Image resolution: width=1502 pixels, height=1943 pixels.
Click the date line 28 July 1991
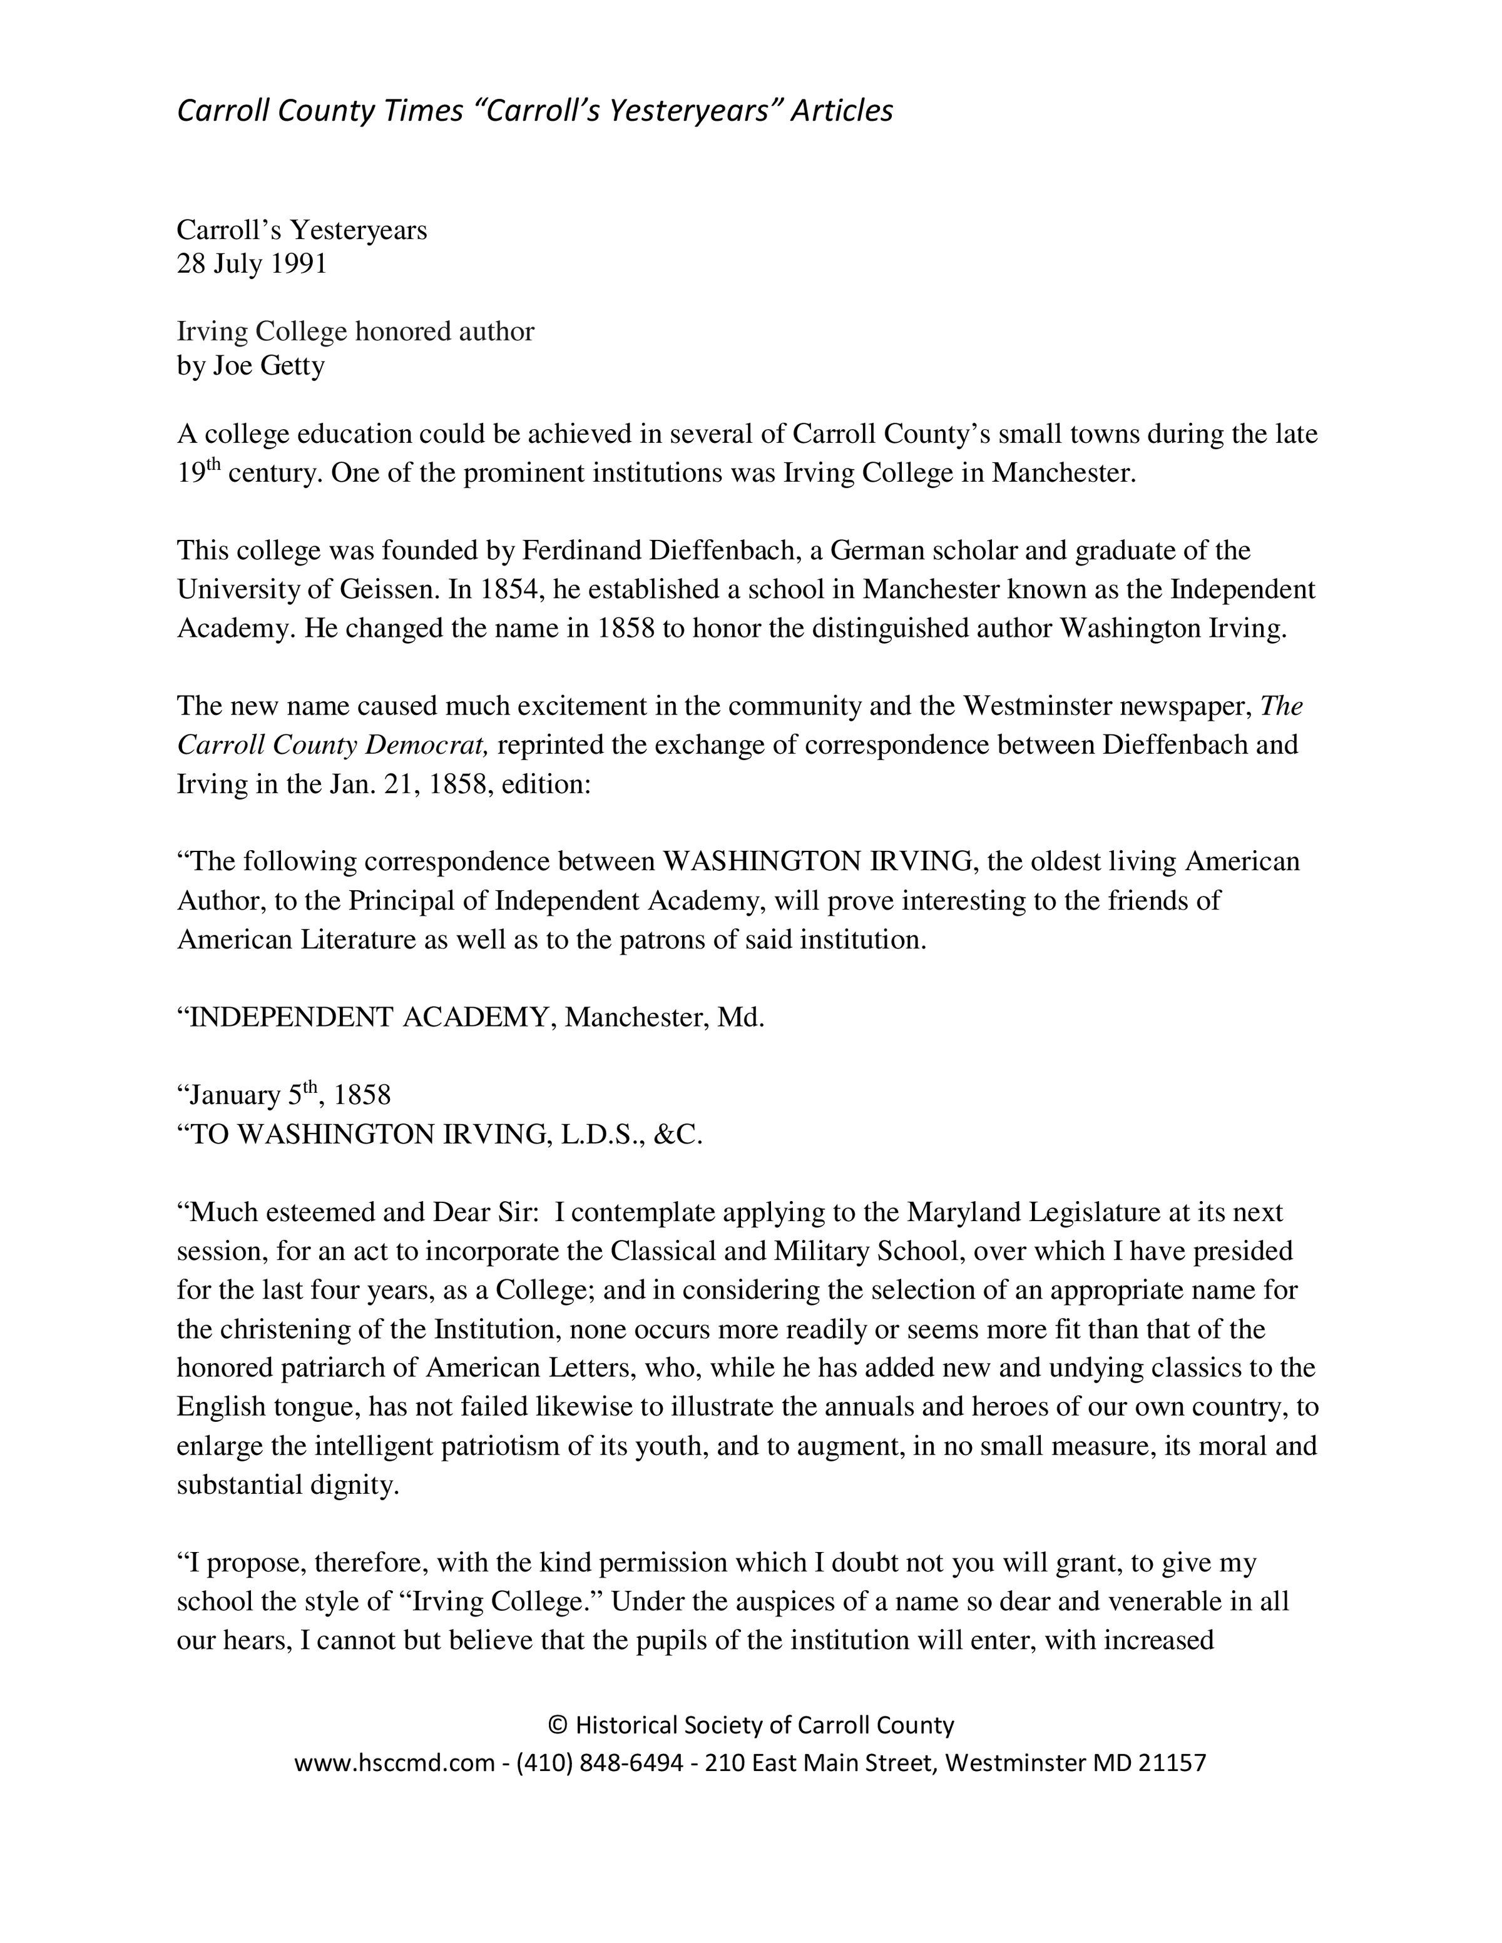click(252, 264)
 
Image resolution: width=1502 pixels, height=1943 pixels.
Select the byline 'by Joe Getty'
click(251, 366)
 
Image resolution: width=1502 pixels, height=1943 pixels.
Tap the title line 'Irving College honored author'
click(355, 332)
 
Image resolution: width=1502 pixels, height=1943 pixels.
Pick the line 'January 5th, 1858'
click(284, 1094)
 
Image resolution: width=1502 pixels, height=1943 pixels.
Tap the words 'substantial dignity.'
click(287, 1485)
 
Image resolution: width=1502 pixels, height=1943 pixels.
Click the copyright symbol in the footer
click(557, 1725)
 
